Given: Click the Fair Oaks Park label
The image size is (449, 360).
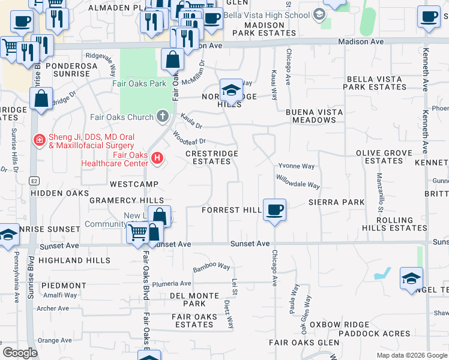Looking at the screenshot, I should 139,84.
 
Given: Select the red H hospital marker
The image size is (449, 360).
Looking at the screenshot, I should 157,158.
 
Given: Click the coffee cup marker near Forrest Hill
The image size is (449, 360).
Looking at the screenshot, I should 274,209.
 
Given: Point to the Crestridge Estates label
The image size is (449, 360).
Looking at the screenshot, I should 212,157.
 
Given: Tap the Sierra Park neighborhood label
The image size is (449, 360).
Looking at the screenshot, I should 336,203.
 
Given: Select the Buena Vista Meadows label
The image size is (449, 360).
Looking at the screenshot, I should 314,116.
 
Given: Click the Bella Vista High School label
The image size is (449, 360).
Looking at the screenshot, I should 266,14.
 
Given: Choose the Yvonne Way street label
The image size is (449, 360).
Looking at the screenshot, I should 296,166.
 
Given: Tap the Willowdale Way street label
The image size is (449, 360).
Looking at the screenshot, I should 298,181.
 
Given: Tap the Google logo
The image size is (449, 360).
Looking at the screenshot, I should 20,353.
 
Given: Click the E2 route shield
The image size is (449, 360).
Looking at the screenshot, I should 35,180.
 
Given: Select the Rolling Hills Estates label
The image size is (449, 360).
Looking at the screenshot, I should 394,223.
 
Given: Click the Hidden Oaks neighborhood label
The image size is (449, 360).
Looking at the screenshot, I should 59,193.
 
